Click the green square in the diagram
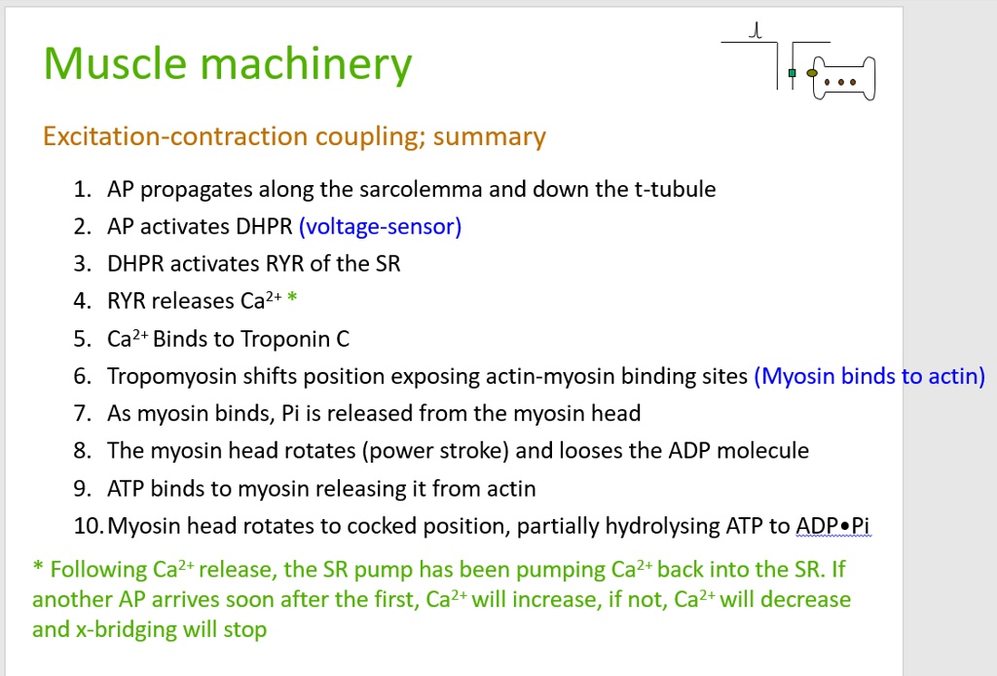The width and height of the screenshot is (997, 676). coord(793,73)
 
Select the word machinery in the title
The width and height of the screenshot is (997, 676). coord(307,66)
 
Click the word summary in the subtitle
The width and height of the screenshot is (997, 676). coord(490,136)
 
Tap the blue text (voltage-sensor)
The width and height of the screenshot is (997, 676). coord(380,227)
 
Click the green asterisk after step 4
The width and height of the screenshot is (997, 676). coord(293,301)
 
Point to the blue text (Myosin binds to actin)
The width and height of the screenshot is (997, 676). coord(869,376)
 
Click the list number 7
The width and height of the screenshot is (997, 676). coord(82,414)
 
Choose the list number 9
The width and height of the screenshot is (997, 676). coord(82,488)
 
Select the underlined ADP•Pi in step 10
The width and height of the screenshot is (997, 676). coord(833,527)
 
